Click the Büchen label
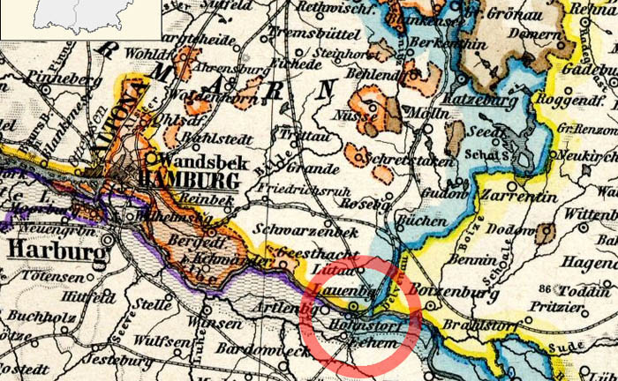[x=416, y=220]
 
